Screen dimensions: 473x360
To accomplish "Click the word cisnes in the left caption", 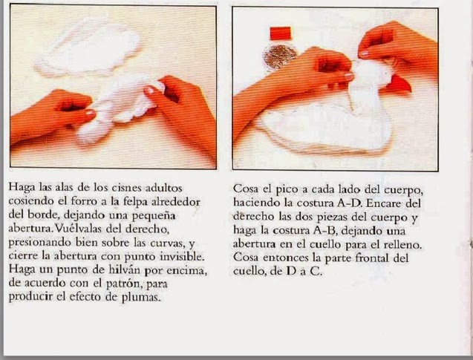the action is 127,188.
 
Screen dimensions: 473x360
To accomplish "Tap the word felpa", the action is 136,201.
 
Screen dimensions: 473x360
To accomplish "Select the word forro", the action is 85,201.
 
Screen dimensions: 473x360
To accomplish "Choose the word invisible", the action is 182,256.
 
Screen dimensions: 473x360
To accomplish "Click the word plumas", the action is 140,297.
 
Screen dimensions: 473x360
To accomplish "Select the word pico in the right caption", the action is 287,190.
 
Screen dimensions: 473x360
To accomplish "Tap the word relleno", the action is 404,244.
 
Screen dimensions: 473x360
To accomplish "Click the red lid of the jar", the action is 280,33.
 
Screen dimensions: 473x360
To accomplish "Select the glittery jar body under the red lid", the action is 280,56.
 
